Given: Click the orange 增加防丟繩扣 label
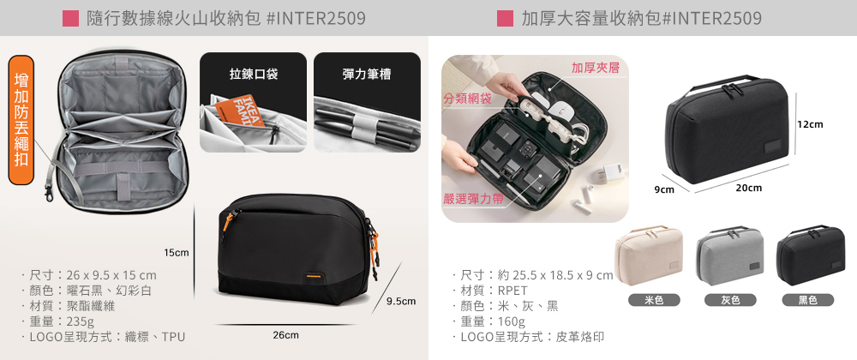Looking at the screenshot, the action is click(x=21, y=120).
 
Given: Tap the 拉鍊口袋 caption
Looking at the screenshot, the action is click(x=253, y=75).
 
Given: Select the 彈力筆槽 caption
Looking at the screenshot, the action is click(x=367, y=75).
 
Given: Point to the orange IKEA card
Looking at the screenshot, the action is click(x=240, y=111).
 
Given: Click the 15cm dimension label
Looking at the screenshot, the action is click(x=177, y=252).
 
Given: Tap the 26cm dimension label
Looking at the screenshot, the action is click(x=286, y=335).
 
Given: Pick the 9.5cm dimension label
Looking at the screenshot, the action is click(x=401, y=301).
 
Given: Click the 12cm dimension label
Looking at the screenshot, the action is click(x=810, y=124).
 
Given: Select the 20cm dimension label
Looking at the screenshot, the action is click(x=749, y=188).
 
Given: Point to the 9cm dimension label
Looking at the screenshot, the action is click(x=665, y=190).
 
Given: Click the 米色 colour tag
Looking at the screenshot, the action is click(x=654, y=300).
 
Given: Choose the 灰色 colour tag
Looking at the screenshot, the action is click(x=730, y=300).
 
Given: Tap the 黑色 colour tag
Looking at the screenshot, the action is click(x=808, y=300).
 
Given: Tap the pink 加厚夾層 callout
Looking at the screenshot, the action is click(x=595, y=69).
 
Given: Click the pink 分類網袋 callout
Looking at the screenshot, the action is click(x=467, y=99).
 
